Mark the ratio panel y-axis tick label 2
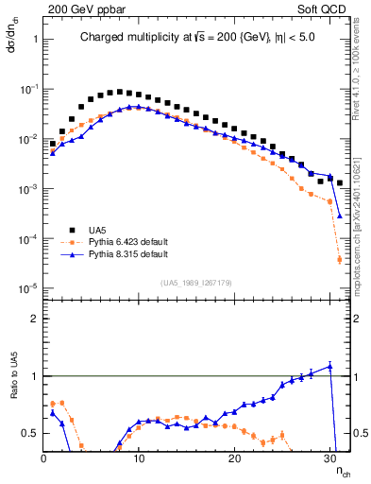coord(34,319)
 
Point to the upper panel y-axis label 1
coord(34,39)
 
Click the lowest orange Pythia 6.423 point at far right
coord(340,260)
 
